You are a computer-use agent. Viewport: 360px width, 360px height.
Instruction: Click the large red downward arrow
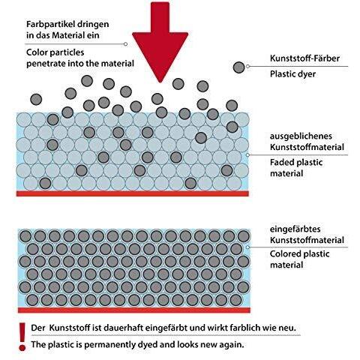pyautogui.click(x=160, y=43)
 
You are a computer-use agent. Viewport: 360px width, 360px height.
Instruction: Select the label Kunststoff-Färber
pyautogui.click(x=304, y=58)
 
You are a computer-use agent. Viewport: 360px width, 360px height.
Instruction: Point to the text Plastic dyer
pyautogui.click(x=292, y=74)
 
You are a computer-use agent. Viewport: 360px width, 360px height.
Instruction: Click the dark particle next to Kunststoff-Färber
pyautogui.click(x=238, y=67)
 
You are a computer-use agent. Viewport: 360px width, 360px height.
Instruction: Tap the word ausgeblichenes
pyautogui.click(x=301, y=136)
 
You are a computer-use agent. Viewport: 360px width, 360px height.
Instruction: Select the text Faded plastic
pyautogui.click(x=296, y=163)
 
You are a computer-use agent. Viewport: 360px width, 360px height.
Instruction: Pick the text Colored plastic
pyautogui.click(x=299, y=254)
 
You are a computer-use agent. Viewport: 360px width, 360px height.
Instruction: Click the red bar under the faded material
pyautogui.click(x=133, y=193)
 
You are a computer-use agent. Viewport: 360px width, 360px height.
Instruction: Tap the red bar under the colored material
pyautogui.click(x=134, y=310)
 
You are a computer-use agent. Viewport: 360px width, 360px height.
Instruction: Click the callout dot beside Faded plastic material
pyautogui.click(x=247, y=155)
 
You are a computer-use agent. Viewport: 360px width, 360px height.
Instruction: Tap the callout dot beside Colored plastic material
pyautogui.click(x=247, y=247)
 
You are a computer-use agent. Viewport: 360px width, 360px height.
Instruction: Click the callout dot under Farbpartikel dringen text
pyautogui.click(x=125, y=44)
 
